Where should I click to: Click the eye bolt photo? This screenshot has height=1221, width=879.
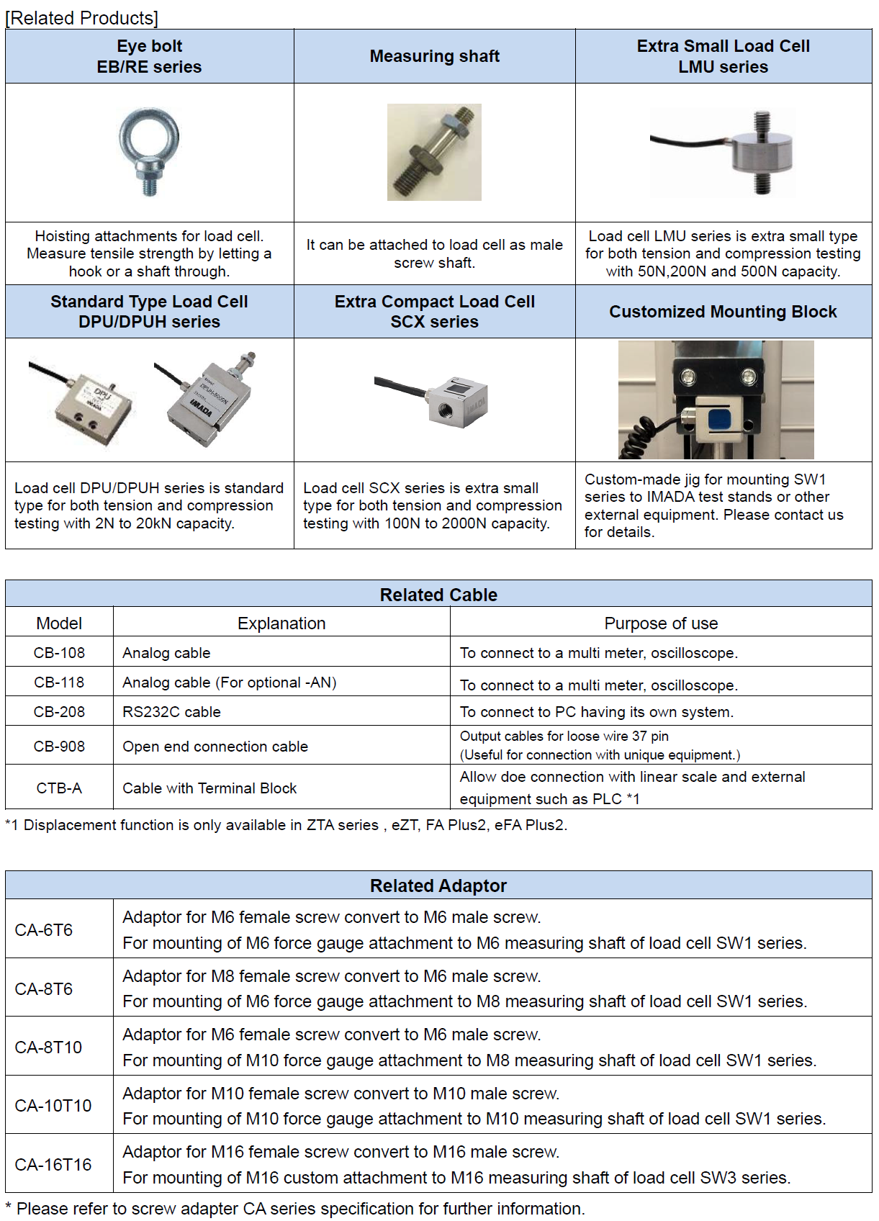tap(149, 152)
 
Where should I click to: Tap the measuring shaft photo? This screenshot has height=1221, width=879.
tap(434, 152)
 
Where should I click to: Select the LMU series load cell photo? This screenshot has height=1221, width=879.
tap(723, 152)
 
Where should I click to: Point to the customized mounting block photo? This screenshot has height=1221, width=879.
tap(716, 400)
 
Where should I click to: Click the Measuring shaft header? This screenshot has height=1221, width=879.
tap(434, 56)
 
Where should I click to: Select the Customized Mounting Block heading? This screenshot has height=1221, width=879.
tap(723, 312)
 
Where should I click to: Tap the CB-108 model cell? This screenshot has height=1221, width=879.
tap(59, 653)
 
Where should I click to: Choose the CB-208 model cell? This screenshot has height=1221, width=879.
tap(59, 712)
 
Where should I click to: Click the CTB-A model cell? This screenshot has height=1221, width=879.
tap(59, 788)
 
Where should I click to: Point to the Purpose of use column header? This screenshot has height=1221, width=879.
tap(661, 623)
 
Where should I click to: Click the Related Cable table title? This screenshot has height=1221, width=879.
tap(438, 595)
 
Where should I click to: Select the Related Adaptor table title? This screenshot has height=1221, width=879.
tap(438, 886)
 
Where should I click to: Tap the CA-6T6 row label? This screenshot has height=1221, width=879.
tap(44, 930)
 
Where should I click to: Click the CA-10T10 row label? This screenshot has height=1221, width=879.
tap(53, 1106)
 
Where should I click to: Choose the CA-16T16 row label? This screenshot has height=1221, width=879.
tap(53, 1165)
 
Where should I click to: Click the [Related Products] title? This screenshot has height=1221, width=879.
tap(82, 18)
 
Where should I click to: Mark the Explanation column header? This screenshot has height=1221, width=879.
tap(281, 623)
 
